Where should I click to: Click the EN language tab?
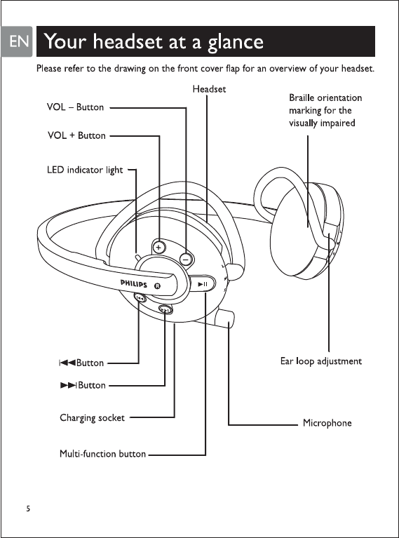point(16,41)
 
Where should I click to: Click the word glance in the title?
point(236,43)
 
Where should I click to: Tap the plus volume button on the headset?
point(158,248)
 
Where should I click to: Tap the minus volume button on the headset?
point(186,259)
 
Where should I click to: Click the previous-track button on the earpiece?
point(140,298)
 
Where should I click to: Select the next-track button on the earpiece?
point(165,310)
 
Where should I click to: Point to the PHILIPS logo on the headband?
point(133,284)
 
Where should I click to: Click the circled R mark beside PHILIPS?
point(157,286)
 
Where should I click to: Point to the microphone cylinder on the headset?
point(224,318)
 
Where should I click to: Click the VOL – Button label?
point(76,107)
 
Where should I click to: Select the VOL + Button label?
point(76,135)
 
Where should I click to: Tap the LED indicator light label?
point(85,170)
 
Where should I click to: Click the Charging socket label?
point(93,418)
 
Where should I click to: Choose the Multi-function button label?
point(103,454)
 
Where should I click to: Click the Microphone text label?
point(327,423)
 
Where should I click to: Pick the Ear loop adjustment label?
point(321,361)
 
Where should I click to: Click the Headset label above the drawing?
point(209,89)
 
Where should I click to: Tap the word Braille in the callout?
point(302,97)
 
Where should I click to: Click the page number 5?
point(28,509)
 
